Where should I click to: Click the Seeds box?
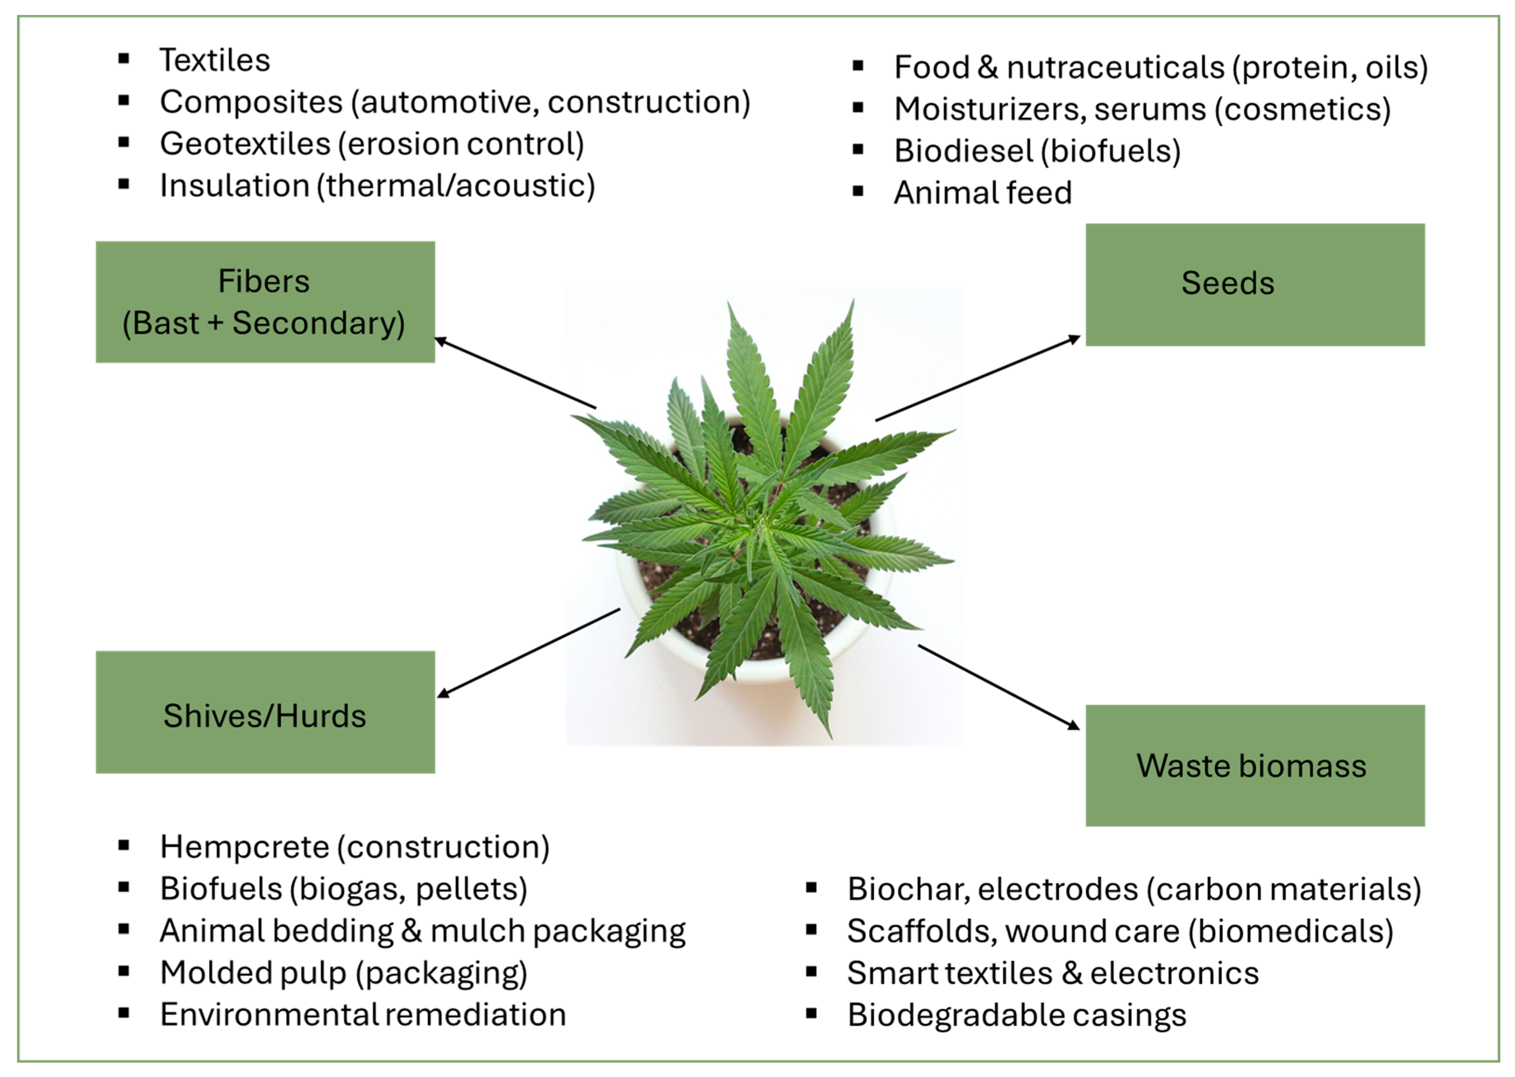(1255, 285)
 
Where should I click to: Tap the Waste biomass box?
(1255, 765)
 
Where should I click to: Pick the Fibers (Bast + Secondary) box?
(265, 302)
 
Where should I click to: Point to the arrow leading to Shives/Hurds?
(529, 652)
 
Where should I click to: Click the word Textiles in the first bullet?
(215, 60)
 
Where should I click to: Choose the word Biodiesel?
(963, 151)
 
